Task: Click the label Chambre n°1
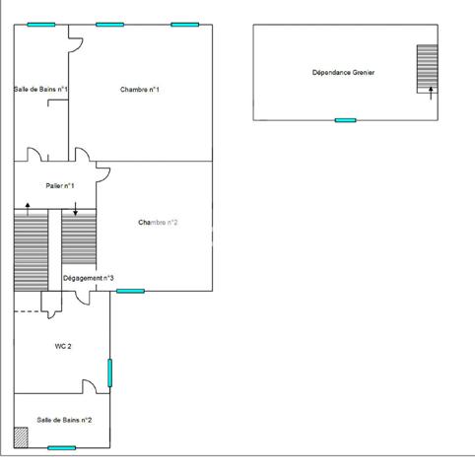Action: click(x=140, y=90)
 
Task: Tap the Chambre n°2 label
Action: click(x=158, y=223)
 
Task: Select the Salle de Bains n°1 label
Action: click(x=40, y=90)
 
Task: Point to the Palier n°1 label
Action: click(x=60, y=185)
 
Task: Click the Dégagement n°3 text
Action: click(x=89, y=279)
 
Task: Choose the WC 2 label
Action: click(x=63, y=347)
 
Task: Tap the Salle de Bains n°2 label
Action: click(x=65, y=420)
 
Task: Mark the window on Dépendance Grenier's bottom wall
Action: click(x=345, y=120)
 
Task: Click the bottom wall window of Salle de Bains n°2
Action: click(x=62, y=447)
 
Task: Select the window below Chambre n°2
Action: click(x=130, y=291)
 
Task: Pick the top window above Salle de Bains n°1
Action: click(x=41, y=25)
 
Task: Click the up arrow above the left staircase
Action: click(x=28, y=206)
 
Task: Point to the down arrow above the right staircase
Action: click(x=76, y=209)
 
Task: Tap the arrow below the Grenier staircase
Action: click(x=431, y=93)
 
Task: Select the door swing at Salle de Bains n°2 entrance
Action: click(x=90, y=385)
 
